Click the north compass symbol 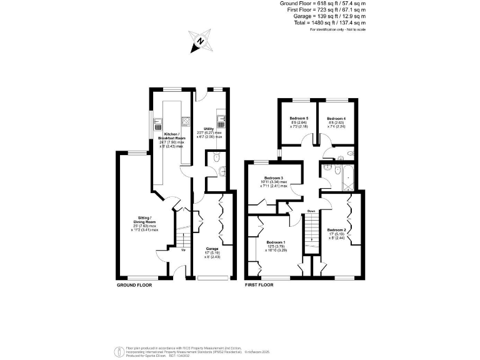pyautogui.click(x=200, y=42)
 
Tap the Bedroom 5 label pyautogui.click(x=299, y=118)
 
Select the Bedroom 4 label pyautogui.click(x=336, y=118)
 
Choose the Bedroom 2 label pyautogui.click(x=336, y=230)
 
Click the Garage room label pyautogui.click(x=212, y=248)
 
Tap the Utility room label pyautogui.click(x=209, y=129)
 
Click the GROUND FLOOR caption pyautogui.click(x=134, y=285)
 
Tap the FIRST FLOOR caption pyautogui.click(x=259, y=285)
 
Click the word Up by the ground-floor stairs pyautogui.click(x=183, y=251)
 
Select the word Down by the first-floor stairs pyautogui.click(x=311, y=211)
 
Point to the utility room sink pyautogui.click(x=221, y=118)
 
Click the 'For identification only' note pyautogui.click(x=337, y=29)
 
